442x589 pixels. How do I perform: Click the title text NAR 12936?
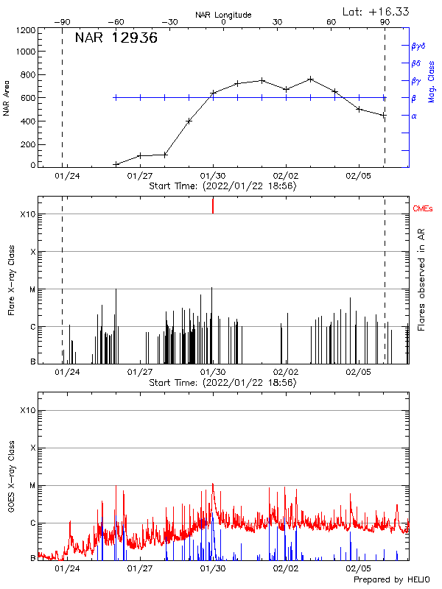point(116,38)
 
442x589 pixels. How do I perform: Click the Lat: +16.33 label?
point(377,11)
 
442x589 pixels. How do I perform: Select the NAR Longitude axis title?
point(223,15)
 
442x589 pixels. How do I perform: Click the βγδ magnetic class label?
point(418,46)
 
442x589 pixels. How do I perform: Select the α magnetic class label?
point(414,116)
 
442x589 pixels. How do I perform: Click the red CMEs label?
point(423,210)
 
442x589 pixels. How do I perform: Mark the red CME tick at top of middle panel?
point(213,205)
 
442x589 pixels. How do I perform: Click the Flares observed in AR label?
point(422,281)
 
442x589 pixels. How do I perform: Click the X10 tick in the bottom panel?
point(27,410)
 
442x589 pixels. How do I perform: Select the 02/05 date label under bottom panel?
point(358,568)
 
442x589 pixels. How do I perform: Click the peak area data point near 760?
point(310,79)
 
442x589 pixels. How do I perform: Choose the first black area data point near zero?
point(116,164)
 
